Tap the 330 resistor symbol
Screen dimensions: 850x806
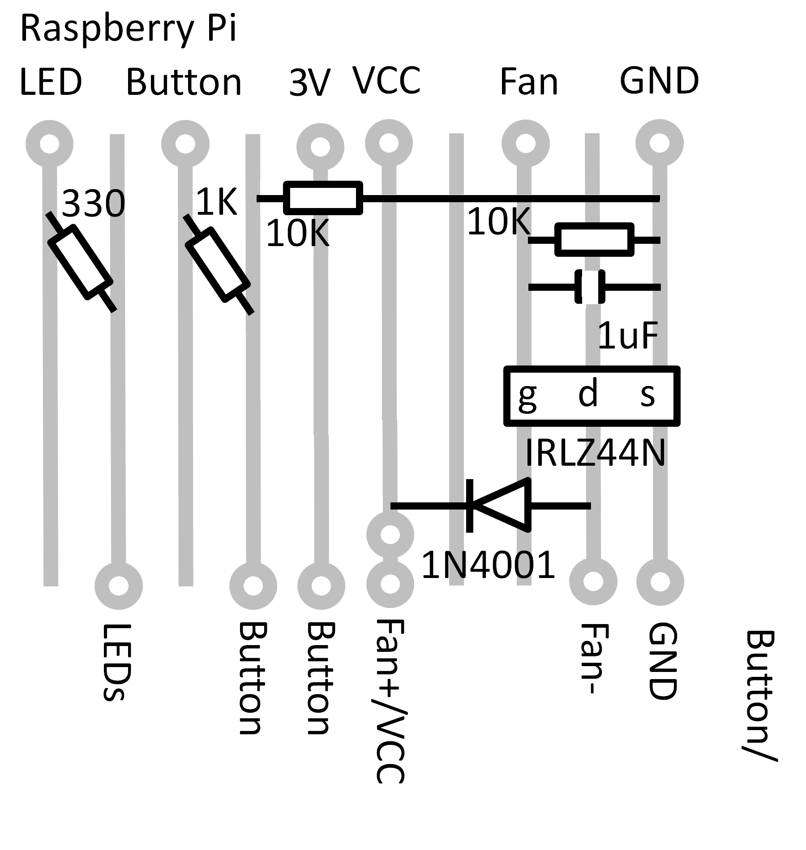(x=80, y=262)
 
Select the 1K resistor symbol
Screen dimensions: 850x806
(x=218, y=264)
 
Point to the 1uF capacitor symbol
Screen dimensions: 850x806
(x=590, y=287)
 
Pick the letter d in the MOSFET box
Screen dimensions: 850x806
(x=588, y=393)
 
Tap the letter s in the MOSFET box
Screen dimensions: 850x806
(x=647, y=395)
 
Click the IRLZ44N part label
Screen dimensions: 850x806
(x=595, y=453)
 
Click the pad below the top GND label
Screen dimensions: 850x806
(x=659, y=143)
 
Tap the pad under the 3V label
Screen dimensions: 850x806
(x=320, y=147)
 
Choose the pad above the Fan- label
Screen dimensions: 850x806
(x=593, y=582)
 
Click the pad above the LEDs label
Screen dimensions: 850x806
(x=119, y=586)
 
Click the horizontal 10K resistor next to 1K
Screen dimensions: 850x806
(x=323, y=198)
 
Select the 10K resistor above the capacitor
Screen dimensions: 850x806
(x=594, y=240)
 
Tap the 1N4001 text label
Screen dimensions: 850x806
(x=488, y=565)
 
